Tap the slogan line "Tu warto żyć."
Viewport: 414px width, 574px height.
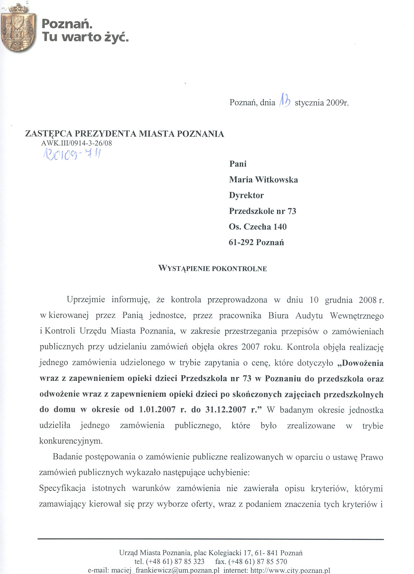tap(85, 37)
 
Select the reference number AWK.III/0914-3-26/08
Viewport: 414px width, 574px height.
tap(76, 143)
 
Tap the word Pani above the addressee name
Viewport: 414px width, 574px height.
tap(238, 164)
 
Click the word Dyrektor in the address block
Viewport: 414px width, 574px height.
tap(246, 195)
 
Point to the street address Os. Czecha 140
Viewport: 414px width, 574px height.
tap(258, 227)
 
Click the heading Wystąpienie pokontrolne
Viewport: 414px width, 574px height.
tap(212, 268)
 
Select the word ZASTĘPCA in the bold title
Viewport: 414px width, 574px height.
tap(49, 134)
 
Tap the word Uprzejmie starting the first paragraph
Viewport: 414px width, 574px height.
tap(86, 300)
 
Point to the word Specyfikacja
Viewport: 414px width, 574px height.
tap(62, 488)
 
